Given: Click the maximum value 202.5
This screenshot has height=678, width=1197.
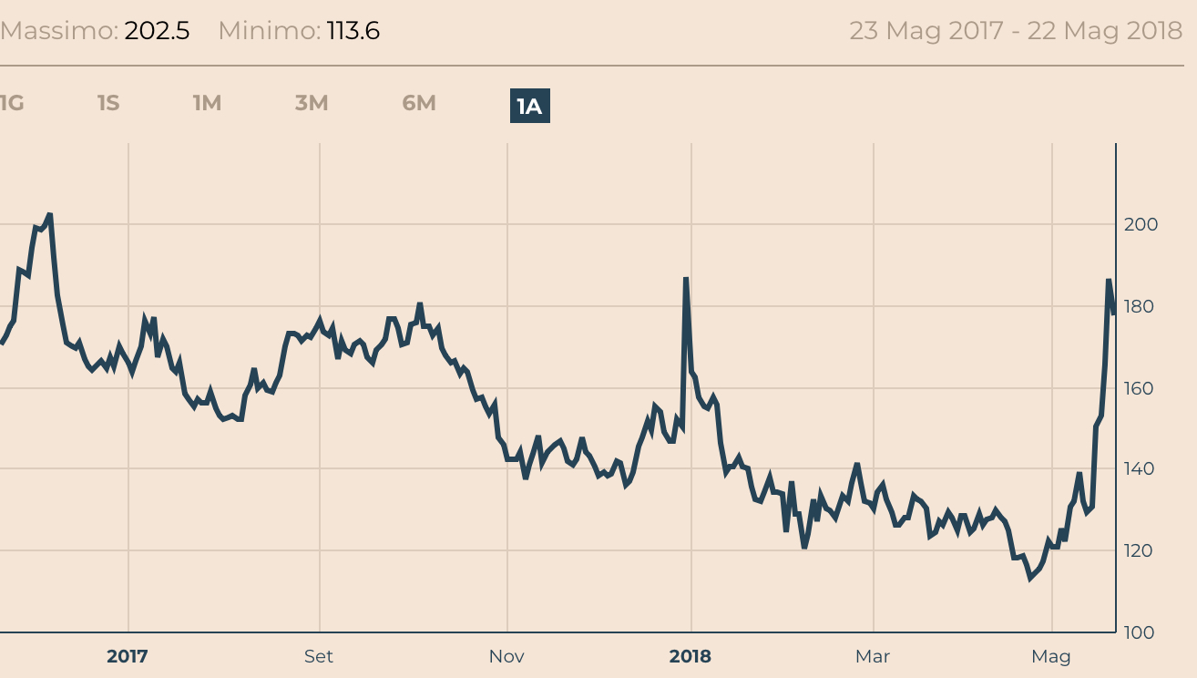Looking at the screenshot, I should (x=157, y=31).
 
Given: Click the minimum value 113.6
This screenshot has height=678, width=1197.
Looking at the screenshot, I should (x=353, y=31).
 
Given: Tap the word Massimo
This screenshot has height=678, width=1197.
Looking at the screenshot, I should (x=58, y=31).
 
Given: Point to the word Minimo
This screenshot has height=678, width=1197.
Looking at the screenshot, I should (x=269, y=31).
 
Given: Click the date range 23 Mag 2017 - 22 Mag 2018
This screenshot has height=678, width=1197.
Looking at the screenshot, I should (x=1016, y=31).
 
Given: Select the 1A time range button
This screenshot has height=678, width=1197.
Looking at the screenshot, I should (x=529, y=107).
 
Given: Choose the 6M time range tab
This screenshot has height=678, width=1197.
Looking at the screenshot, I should (x=419, y=103).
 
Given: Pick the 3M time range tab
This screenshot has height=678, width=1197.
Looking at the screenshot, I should (x=312, y=103).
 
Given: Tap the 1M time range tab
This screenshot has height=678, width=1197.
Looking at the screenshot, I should (x=207, y=103).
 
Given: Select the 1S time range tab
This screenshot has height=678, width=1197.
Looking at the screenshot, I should (x=108, y=103).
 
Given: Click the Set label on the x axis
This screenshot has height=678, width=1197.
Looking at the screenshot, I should (x=319, y=656).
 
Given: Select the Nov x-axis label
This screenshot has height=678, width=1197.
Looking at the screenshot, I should (x=506, y=656).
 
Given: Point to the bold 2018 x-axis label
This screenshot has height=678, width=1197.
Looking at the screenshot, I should (x=691, y=656).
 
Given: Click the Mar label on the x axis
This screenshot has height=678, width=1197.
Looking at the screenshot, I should (x=872, y=656).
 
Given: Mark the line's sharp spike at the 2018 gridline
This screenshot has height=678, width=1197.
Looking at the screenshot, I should (x=686, y=280).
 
